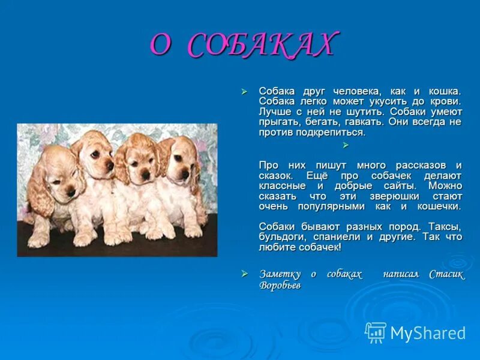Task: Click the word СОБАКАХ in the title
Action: coord(261,45)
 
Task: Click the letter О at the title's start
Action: coord(161,45)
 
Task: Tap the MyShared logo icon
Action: coord(376,332)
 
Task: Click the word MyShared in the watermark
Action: coord(428,333)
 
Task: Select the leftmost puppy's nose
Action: coord(71,191)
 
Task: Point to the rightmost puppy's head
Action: coord(180,159)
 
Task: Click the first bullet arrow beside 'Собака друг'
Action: coord(244,91)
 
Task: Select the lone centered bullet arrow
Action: coord(345,145)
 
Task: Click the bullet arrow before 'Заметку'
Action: coord(244,274)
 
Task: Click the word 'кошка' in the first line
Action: coord(445,91)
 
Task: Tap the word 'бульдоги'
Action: coord(280,236)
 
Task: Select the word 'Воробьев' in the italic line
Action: coord(280,285)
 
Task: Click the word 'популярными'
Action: coord(330,206)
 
